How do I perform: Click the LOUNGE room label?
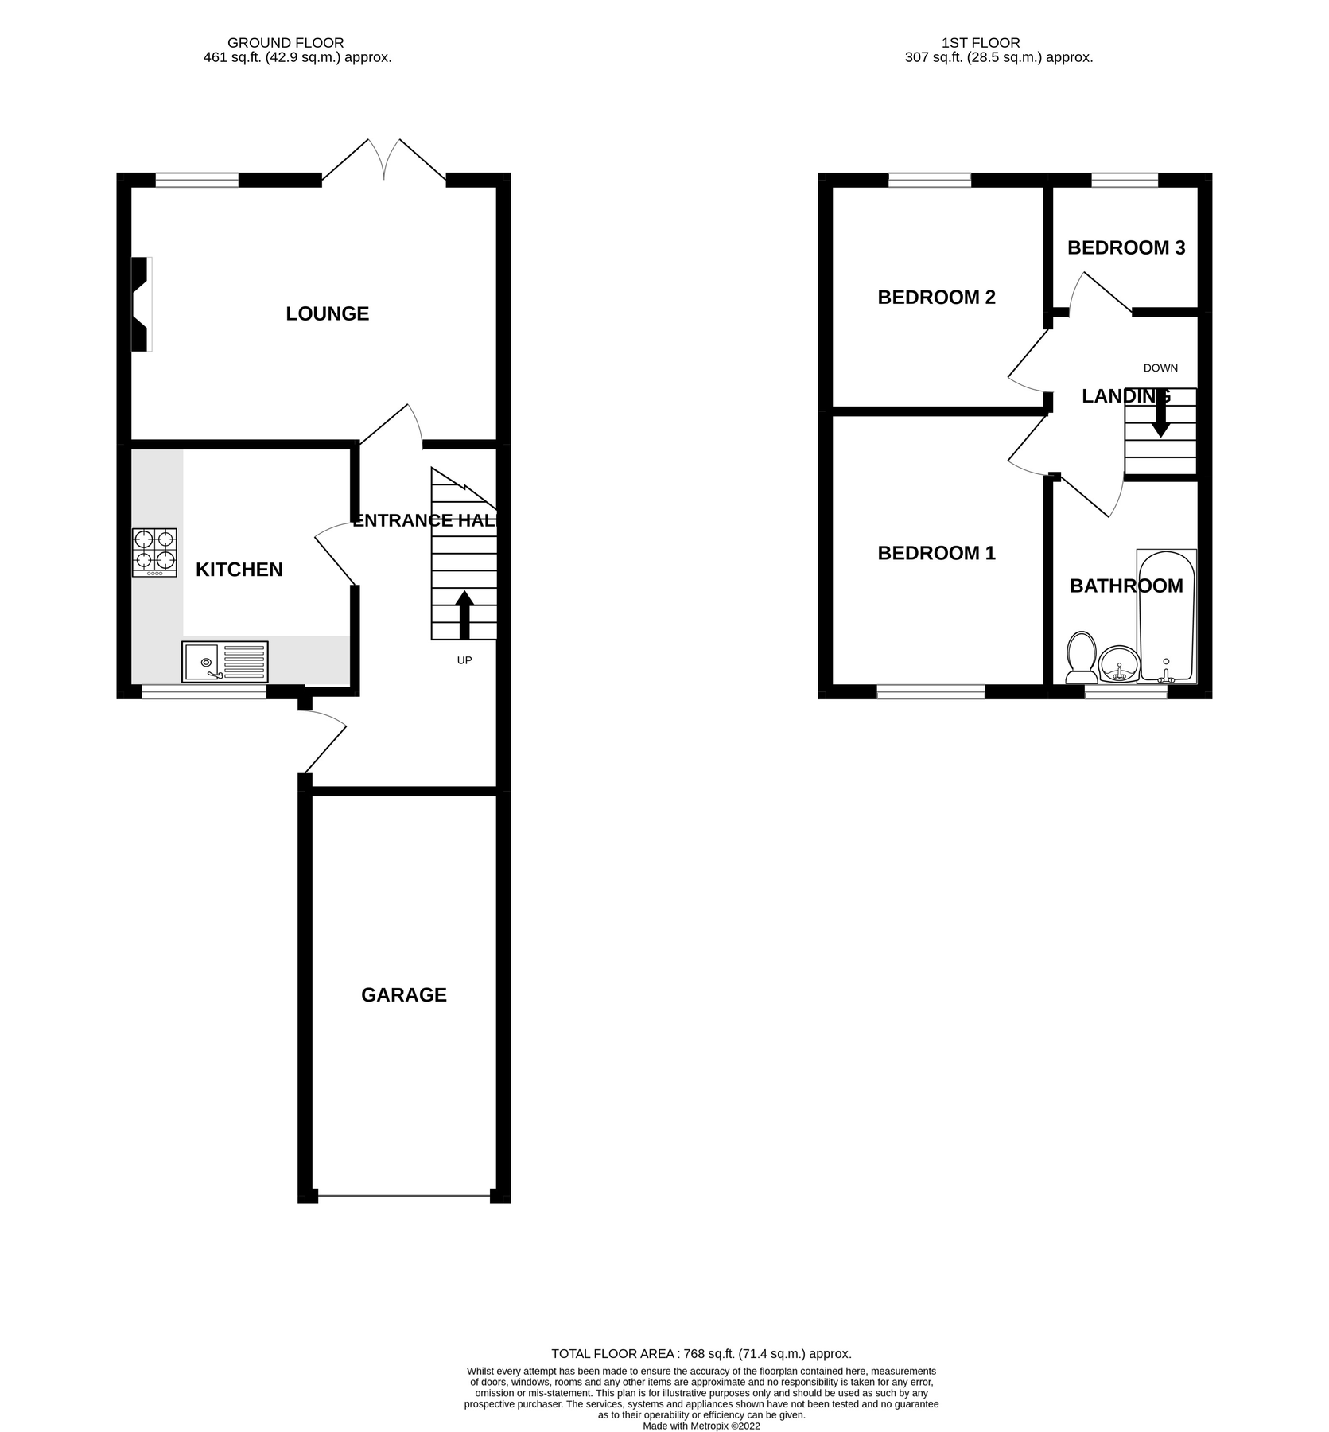pyautogui.click(x=327, y=313)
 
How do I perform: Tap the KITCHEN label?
pyautogui.click(x=239, y=570)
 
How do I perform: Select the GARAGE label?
pyautogui.click(x=403, y=995)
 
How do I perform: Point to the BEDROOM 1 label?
pyautogui.click(x=936, y=553)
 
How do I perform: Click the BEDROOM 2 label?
pyautogui.click(x=936, y=298)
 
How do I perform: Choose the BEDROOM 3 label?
pyautogui.click(x=1125, y=248)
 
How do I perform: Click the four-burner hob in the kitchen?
pyautogui.click(x=154, y=552)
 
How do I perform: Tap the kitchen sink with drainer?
pyautogui.click(x=224, y=662)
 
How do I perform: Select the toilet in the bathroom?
pyautogui.click(x=1081, y=658)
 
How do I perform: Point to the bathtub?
pyautogui.click(x=1166, y=617)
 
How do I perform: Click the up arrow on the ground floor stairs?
pyautogui.click(x=464, y=614)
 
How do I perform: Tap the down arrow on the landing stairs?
pyautogui.click(x=1160, y=414)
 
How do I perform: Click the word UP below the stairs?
pyautogui.click(x=464, y=660)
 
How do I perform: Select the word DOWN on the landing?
pyautogui.click(x=1160, y=368)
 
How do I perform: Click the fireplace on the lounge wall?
pyautogui.click(x=141, y=304)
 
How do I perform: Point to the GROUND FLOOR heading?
pyautogui.click(x=286, y=43)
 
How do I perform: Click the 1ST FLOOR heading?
pyautogui.click(x=980, y=43)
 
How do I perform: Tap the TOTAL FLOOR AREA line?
pyautogui.click(x=701, y=1353)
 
